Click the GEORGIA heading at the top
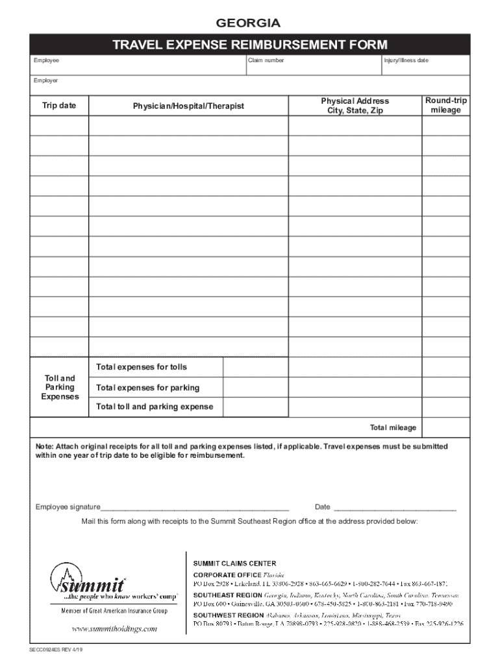coord(249,24)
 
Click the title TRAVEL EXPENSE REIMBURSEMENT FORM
coord(249,45)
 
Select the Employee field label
coord(46,60)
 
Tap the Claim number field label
coord(266,60)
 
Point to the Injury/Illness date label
coord(406,60)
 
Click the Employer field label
coord(46,80)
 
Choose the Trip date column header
coord(59,106)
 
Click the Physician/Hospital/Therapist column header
coord(188,106)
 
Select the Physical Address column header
coord(355,106)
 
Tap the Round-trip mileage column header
coord(445,106)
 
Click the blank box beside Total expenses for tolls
coord(256,367)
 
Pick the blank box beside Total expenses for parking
coord(256,388)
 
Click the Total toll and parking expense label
coord(155,407)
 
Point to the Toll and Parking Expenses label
coord(59,387)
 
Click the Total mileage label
coord(393,428)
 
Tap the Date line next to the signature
coord(394,507)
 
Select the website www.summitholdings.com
coord(114,628)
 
